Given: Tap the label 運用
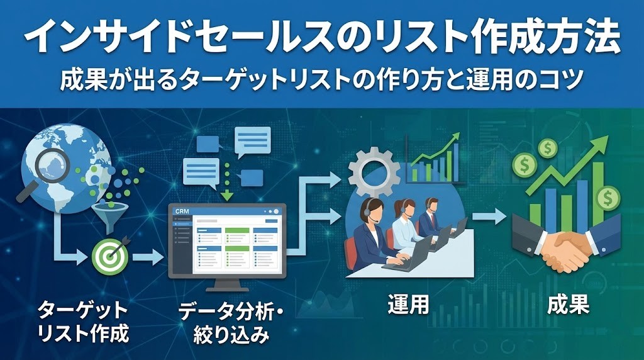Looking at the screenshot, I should (408, 305).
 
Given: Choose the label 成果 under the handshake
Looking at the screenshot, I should (568, 305).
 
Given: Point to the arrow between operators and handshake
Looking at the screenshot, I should (491, 217).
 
